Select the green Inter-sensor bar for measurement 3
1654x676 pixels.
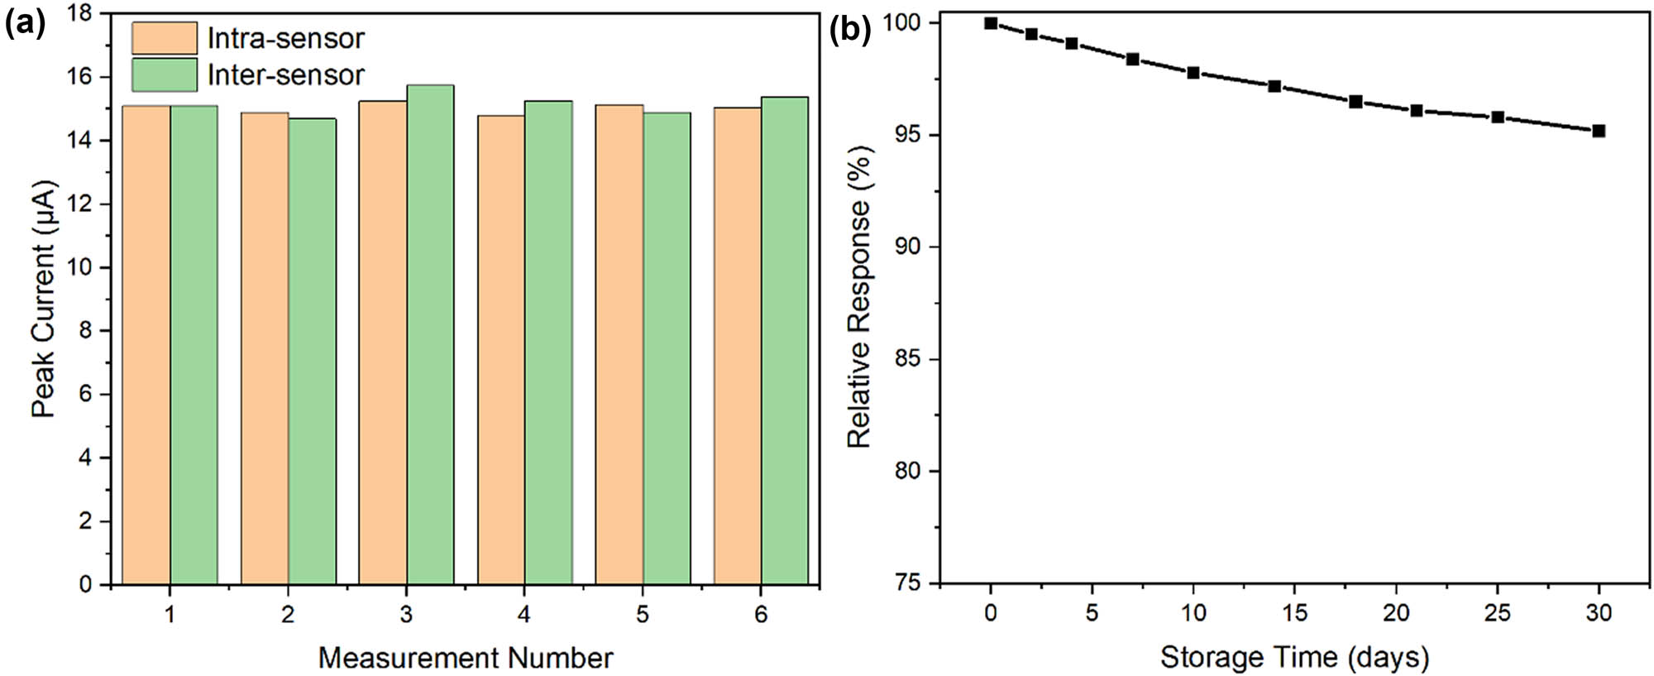click(430, 335)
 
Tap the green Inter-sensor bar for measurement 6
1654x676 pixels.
click(785, 341)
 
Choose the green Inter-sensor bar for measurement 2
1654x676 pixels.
click(313, 352)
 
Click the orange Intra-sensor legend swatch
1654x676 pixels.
click(165, 38)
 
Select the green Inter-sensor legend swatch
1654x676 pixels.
click(165, 74)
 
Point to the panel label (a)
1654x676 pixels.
click(24, 25)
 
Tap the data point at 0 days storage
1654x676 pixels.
click(991, 23)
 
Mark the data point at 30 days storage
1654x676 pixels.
click(1599, 131)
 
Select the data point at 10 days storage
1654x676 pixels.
click(1193, 73)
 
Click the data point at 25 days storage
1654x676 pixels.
click(1498, 117)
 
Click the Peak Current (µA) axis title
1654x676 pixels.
click(43, 299)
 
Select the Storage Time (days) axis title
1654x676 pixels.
click(1294, 658)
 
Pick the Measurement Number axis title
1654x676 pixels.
click(466, 659)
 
